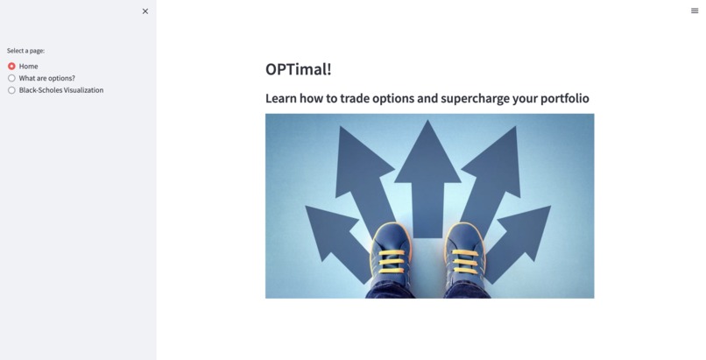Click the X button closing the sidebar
(145, 11)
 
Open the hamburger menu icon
(695, 11)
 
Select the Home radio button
(12, 66)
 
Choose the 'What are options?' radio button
(12, 78)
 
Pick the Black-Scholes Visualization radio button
(12, 89)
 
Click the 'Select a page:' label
(25, 51)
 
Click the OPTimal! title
(298, 69)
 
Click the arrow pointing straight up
(428, 175)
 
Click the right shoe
(465, 263)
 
